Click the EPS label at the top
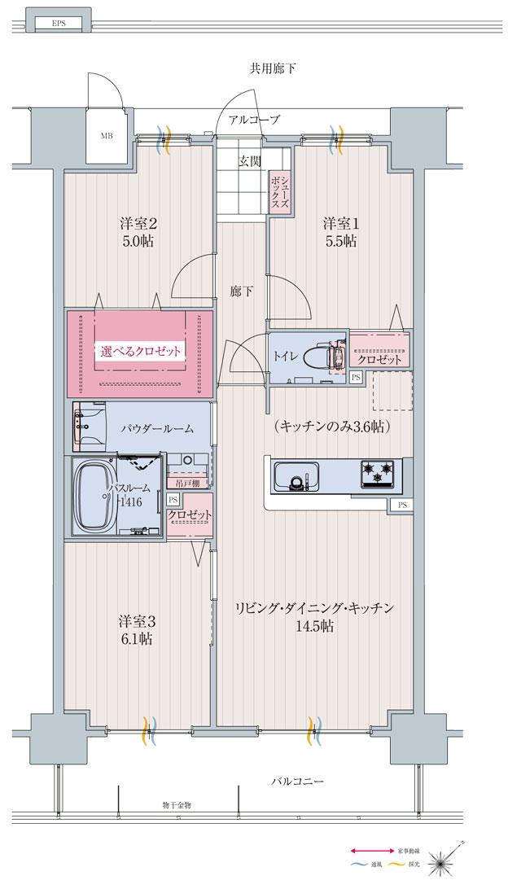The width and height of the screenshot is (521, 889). tap(59, 24)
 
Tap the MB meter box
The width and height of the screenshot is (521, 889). tap(107, 135)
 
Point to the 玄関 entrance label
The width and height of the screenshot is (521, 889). tap(249, 162)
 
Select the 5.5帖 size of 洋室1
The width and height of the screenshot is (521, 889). tap(339, 241)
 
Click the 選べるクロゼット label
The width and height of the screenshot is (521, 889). tap(141, 353)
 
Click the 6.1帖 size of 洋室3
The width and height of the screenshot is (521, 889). tap(134, 639)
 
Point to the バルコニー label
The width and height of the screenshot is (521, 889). tap(297, 782)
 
